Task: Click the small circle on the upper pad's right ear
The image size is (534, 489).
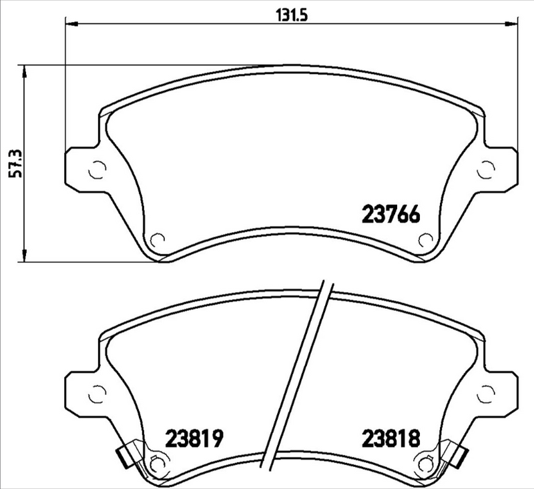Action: pyautogui.click(x=487, y=170)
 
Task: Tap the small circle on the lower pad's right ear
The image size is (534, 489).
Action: pyautogui.click(x=487, y=394)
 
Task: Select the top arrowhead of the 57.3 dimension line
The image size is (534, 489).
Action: pyautogui.click(x=25, y=70)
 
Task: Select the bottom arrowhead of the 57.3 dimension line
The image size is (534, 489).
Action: pyautogui.click(x=25, y=256)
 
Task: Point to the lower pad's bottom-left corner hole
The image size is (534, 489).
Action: pyautogui.click(x=158, y=462)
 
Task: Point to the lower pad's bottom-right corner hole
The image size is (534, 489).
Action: pyautogui.click(x=425, y=462)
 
